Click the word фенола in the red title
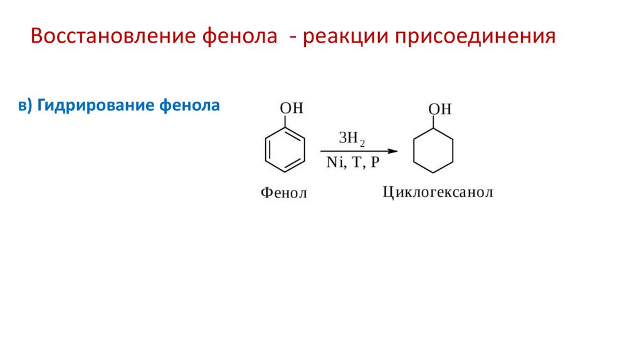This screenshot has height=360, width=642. click(240, 36)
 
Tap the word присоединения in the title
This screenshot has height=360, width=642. click(475, 36)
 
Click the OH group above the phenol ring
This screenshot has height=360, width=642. click(291, 109)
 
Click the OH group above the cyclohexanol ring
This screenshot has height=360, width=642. click(439, 109)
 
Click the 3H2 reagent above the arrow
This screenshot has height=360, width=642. click(351, 139)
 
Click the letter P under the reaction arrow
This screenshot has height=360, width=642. click(374, 164)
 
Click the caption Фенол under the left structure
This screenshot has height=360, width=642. click(284, 193)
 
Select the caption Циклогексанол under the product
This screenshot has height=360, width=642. click(438, 192)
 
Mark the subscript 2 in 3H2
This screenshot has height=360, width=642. click(362, 144)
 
